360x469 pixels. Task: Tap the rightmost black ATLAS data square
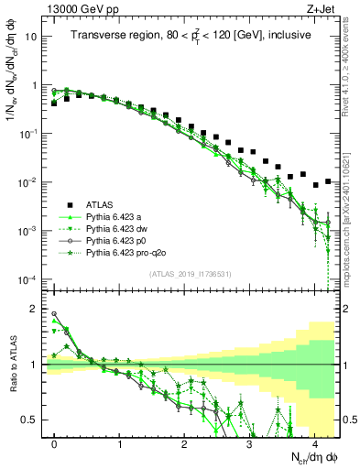coord(328,181)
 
